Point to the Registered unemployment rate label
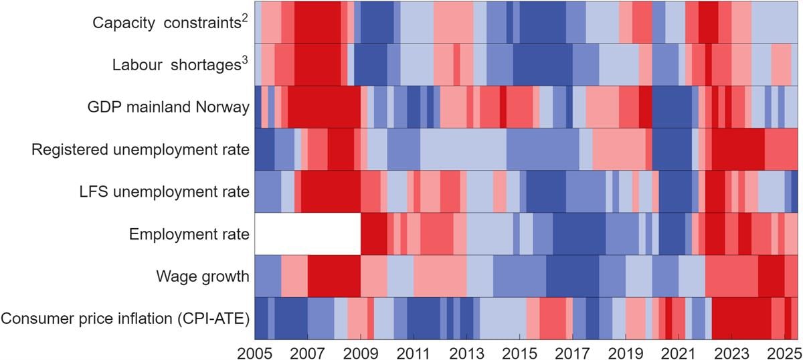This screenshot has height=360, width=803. [x=141, y=149]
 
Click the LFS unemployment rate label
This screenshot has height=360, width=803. [x=164, y=192]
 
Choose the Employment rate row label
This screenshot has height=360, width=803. [x=189, y=234]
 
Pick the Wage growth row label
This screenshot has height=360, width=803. [x=203, y=276]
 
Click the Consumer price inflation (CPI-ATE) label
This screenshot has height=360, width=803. [x=125, y=319]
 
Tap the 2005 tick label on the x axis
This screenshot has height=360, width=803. [x=255, y=351]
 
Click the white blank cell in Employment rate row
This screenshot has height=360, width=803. [x=308, y=234]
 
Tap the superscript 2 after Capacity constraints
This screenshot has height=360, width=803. [x=246, y=17]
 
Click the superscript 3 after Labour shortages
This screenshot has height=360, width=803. [x=246, y=60]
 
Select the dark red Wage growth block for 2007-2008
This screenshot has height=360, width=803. [x=334, y=276]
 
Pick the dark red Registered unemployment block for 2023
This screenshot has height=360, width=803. [x=737, y=149]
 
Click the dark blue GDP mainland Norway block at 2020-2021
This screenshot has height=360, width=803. [x=671, y=107]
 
